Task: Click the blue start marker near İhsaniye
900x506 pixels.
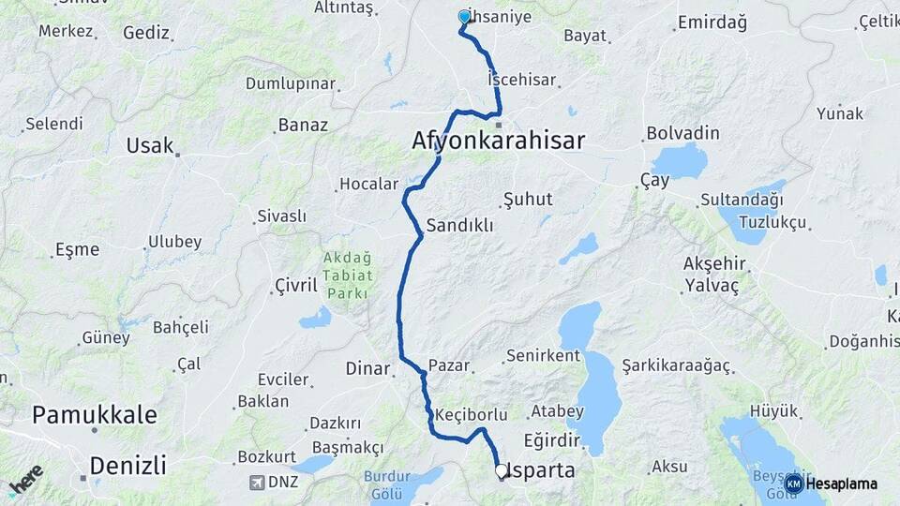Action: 464,17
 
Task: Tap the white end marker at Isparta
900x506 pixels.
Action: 501,471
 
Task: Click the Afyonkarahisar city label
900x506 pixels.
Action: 498,141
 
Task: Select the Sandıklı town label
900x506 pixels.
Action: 459,226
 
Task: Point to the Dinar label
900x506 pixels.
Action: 367,368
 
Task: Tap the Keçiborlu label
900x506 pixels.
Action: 472,414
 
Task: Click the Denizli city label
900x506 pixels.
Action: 127,465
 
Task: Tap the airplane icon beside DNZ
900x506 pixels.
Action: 257,483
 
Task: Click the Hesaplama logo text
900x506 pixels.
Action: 842,484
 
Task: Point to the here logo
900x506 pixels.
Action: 26,479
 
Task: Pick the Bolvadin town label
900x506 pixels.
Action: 682,133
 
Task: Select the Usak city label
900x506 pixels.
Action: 150,145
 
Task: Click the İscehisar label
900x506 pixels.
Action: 522,80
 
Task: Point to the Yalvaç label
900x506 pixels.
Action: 712,284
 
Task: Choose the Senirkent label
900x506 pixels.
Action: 545,356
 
